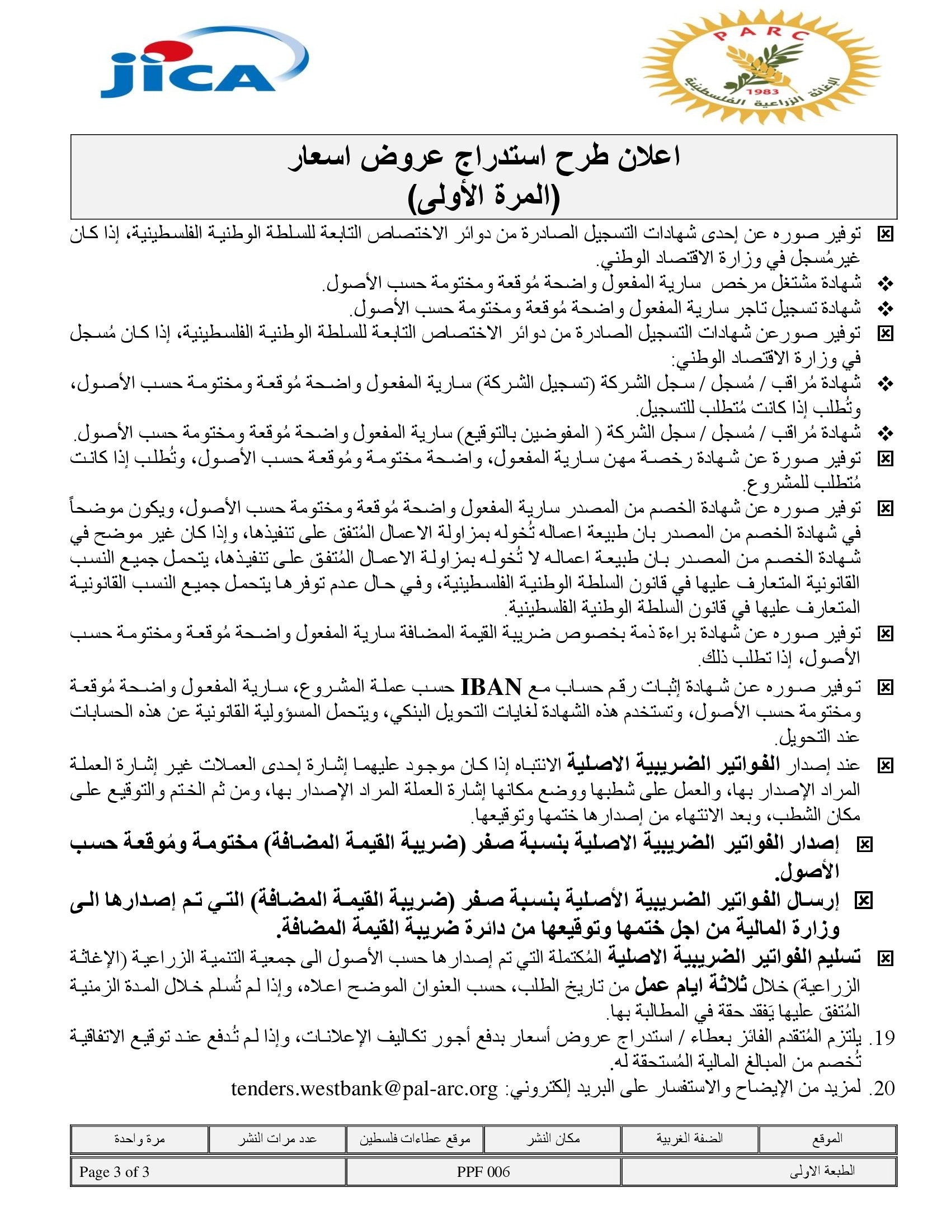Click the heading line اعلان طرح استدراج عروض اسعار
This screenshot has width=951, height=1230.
point(483,157)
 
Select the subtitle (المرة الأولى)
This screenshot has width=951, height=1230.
point(483,197)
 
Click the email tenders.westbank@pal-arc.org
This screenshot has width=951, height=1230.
point(365,1089)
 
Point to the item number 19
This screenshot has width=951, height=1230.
point(882,1037)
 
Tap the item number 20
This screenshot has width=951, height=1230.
point(882,1089)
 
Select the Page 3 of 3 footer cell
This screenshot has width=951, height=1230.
point(114,1171)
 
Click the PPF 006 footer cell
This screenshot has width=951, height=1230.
point(483,1171)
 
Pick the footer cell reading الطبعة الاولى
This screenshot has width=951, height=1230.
point(822,1171)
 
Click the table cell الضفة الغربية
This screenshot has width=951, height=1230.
point(689,1138)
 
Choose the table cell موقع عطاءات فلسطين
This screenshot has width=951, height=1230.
point(415,1139)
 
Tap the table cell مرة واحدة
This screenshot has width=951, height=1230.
point(139,1139)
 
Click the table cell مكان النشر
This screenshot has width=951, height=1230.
point(553,1139)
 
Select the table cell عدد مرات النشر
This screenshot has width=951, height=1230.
point(276,1139)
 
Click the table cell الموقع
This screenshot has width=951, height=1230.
point(827,1139)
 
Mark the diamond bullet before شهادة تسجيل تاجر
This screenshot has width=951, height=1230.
point(886,309)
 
